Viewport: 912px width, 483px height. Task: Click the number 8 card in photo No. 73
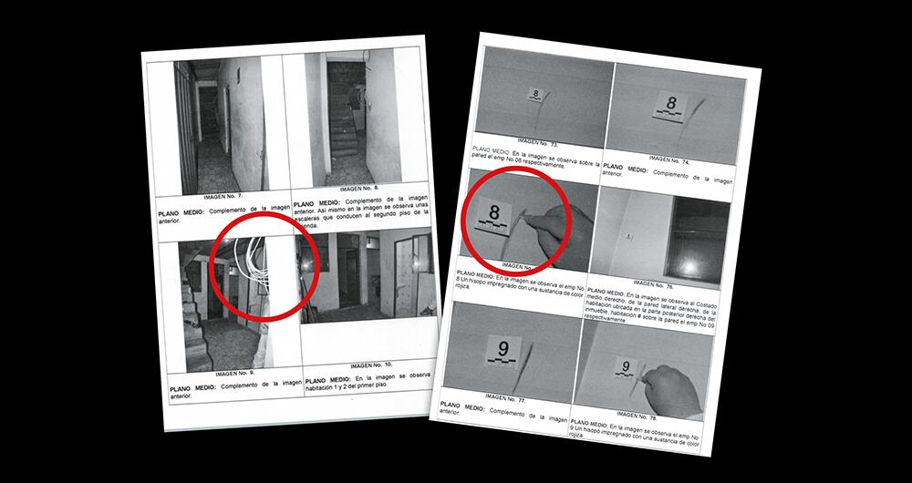[535, 94]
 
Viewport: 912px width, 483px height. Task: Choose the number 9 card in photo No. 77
[503, 348]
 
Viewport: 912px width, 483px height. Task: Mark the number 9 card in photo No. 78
[627, 368]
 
